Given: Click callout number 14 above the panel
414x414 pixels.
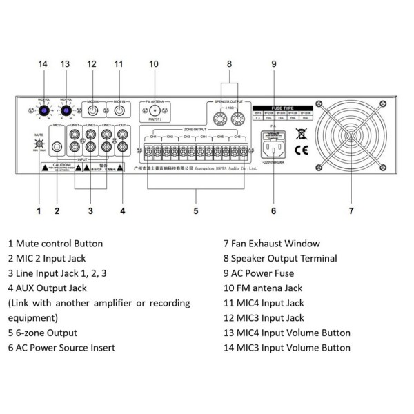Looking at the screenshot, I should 43,64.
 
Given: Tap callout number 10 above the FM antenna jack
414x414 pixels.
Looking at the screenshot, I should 153,64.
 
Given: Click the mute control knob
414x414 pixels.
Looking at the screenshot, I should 37,145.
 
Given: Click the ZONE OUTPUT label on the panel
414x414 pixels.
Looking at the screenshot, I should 195,129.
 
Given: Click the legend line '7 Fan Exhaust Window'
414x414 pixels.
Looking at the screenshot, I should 271,244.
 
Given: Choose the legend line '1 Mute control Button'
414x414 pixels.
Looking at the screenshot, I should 55,244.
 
